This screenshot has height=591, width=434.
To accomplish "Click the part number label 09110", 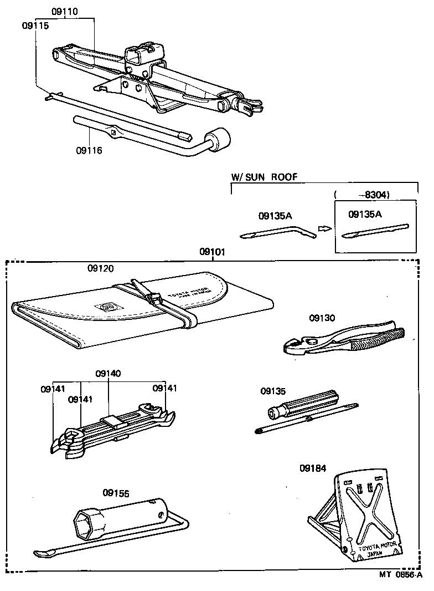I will pos(65,11).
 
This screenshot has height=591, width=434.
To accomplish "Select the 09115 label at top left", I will pos(35,26).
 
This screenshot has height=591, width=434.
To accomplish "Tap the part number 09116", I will pos(89,150).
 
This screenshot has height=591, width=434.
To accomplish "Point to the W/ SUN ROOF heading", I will pos(264,177).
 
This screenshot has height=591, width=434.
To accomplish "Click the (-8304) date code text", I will pos(363,195).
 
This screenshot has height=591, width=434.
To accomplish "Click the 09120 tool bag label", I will pos(100,268).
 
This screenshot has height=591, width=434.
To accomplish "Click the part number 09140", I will pos(108,374).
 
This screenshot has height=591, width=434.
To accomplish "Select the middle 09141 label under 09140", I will pos(81,399).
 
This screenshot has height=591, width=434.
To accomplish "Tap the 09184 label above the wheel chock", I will pos(313,467).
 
